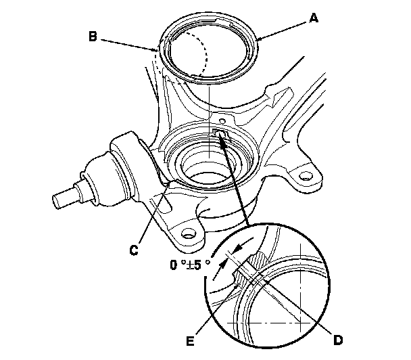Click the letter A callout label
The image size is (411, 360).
coord(312,19)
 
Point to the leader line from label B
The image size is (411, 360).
coord(128,43)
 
